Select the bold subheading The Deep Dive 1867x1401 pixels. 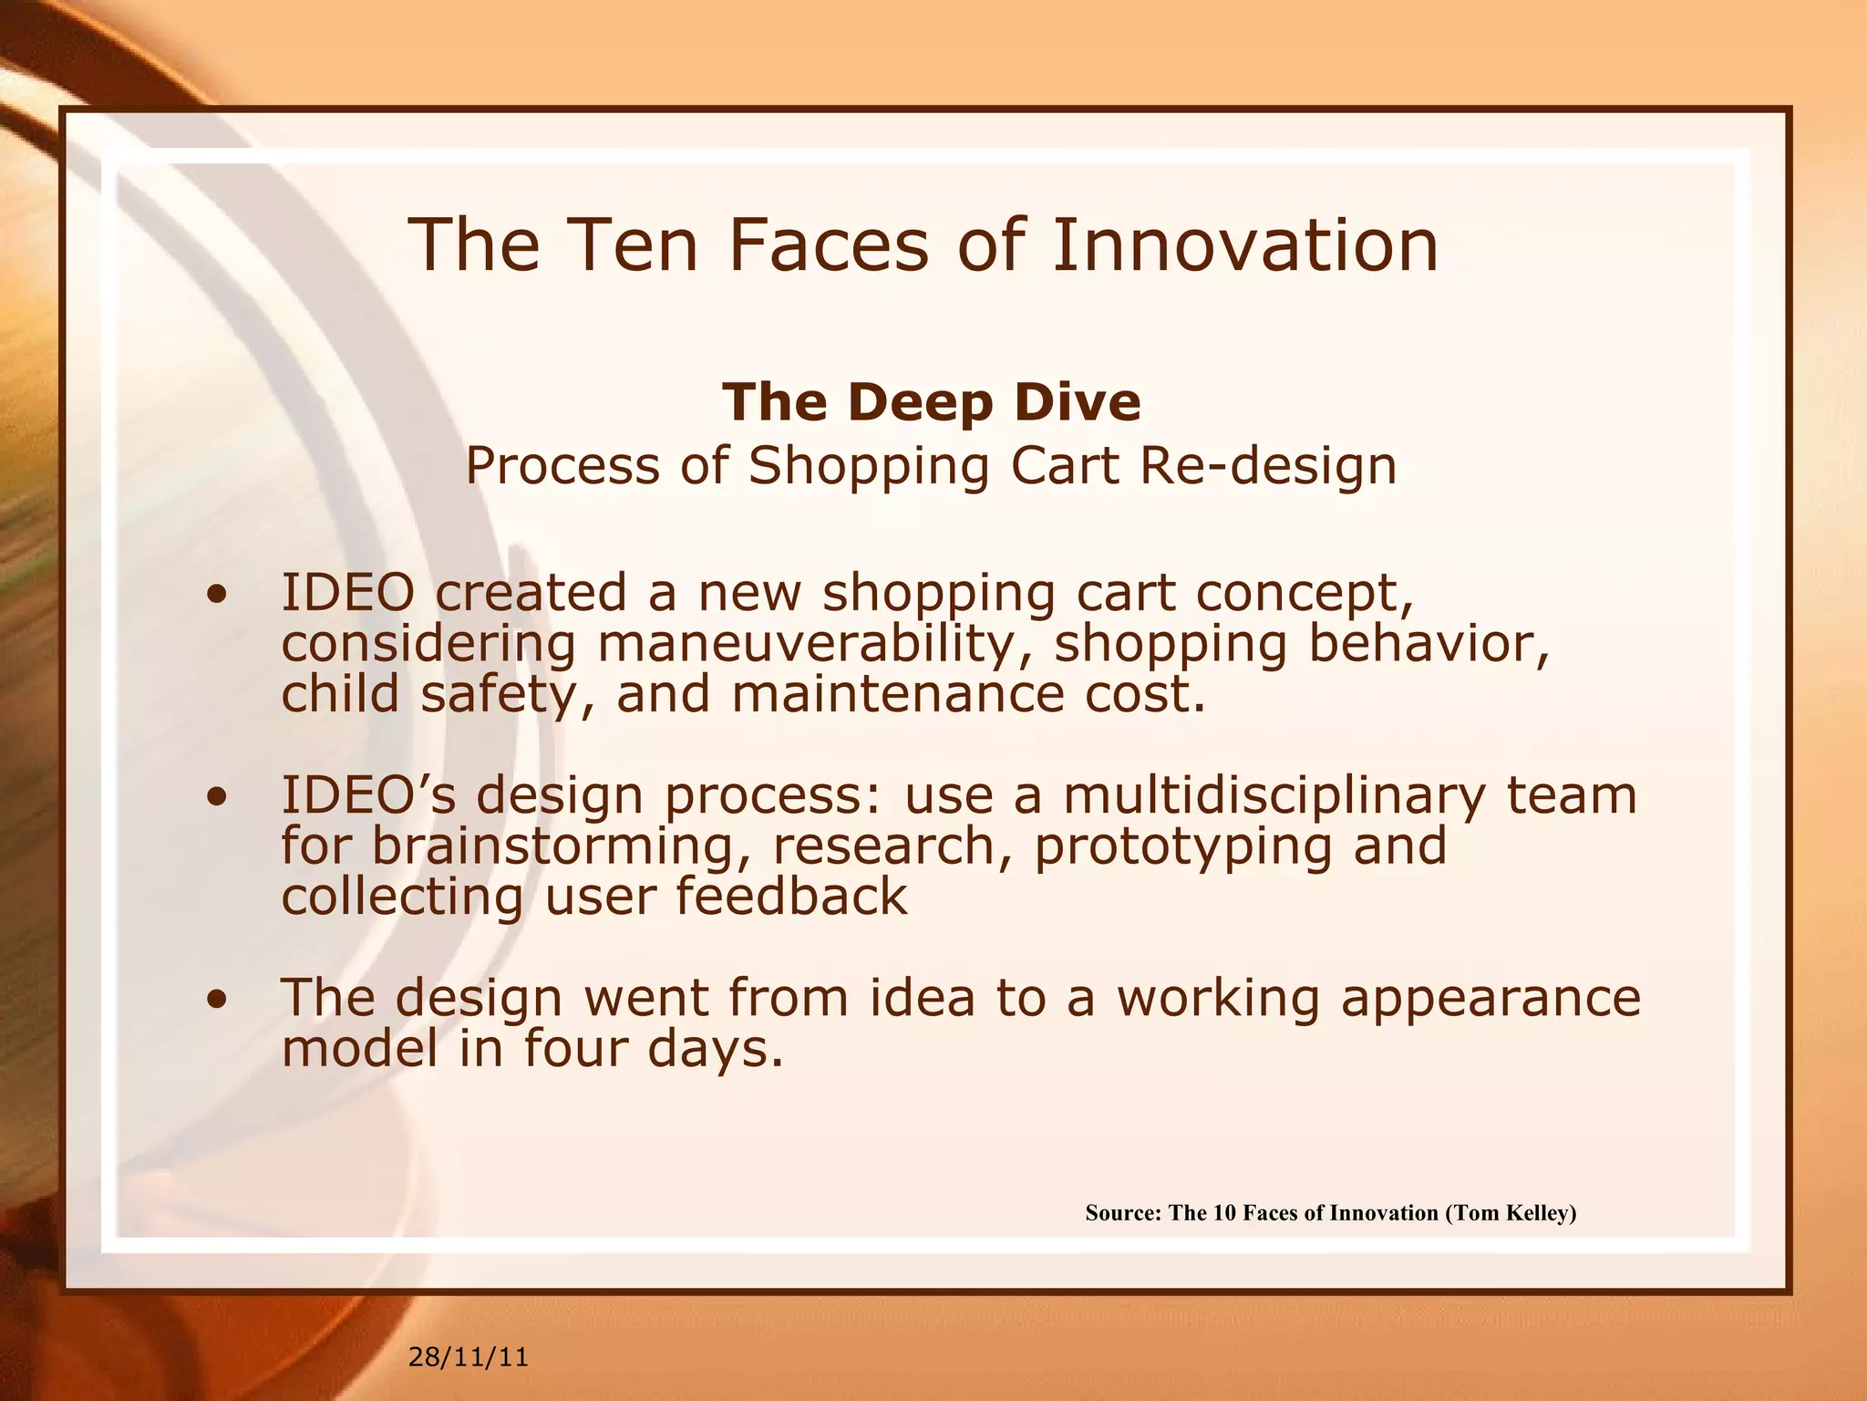[931, 402]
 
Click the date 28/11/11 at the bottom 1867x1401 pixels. [468, 1357]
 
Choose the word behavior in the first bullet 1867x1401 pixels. [1428, 644]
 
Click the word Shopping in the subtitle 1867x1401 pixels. [869, 466]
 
